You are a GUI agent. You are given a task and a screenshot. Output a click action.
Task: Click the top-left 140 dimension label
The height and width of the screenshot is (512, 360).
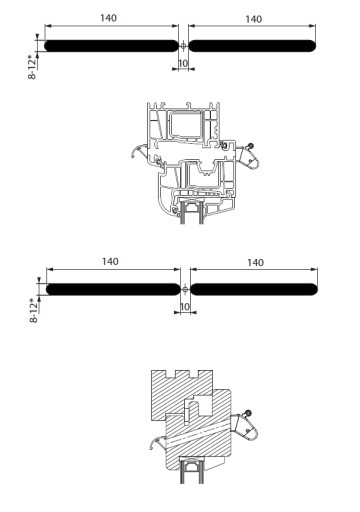click(x=109, y=18)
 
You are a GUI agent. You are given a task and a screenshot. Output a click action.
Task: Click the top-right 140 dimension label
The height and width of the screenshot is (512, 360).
click(x=254, y=19)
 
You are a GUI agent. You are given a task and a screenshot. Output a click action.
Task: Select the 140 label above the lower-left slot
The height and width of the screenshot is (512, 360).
click(x=110, y=262)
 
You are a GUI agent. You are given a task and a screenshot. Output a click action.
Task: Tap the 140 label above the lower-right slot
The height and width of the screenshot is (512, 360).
click(x=255, y=263)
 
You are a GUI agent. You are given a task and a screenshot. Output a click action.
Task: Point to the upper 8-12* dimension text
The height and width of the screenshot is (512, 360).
click(x=32, y=68)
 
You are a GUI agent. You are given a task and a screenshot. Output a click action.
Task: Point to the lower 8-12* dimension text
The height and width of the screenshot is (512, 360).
click(x=34, y=311)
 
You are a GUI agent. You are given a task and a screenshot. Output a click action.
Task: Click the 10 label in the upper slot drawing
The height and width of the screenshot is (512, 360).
click(x=183, y=63)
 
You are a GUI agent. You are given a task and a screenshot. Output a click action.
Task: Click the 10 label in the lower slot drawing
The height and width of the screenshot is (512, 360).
click(x=185, y=307)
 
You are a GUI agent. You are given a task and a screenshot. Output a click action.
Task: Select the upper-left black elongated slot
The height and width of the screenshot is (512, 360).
click(x=111, y=46)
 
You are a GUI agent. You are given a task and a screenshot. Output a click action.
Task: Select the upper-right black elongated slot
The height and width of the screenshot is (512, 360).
click(x=252, y=46)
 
